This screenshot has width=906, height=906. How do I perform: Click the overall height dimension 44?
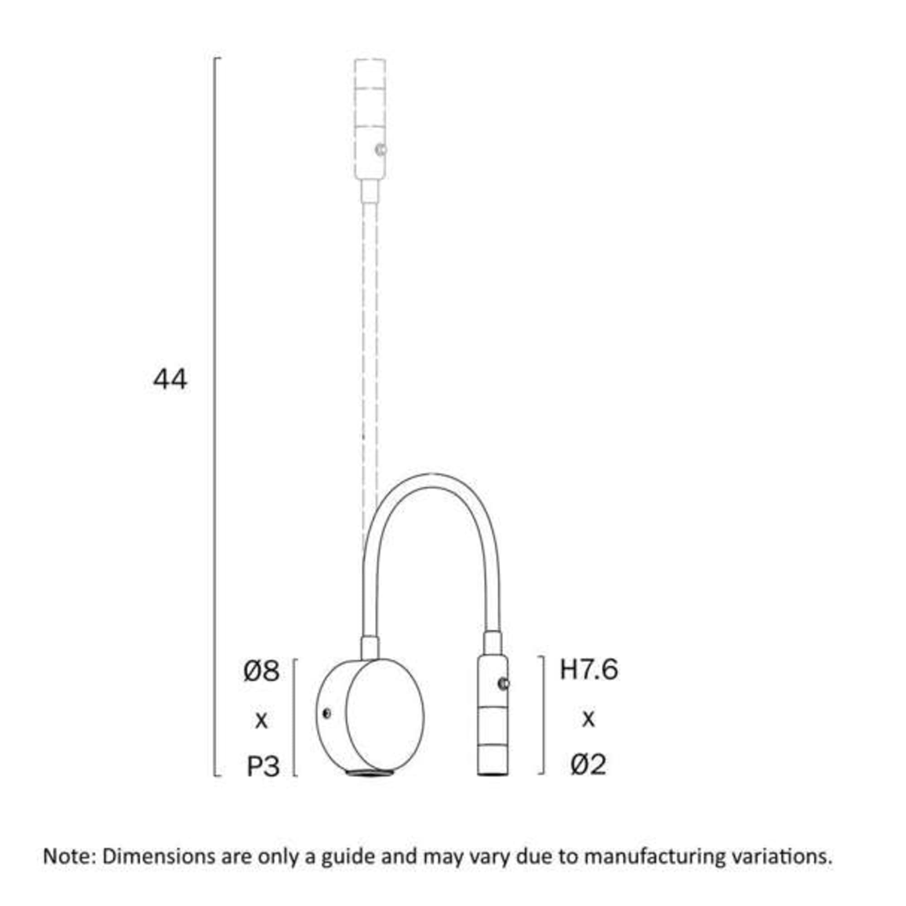(170, 380)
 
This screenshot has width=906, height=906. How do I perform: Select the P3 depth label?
(263, 767)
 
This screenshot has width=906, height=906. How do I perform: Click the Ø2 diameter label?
(588, 764)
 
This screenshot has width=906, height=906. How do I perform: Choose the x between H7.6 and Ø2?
(588, 718)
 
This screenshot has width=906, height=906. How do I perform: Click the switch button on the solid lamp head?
(504, 684)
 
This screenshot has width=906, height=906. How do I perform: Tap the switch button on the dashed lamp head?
(381, 150)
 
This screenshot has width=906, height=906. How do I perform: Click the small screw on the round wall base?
(327, 714)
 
